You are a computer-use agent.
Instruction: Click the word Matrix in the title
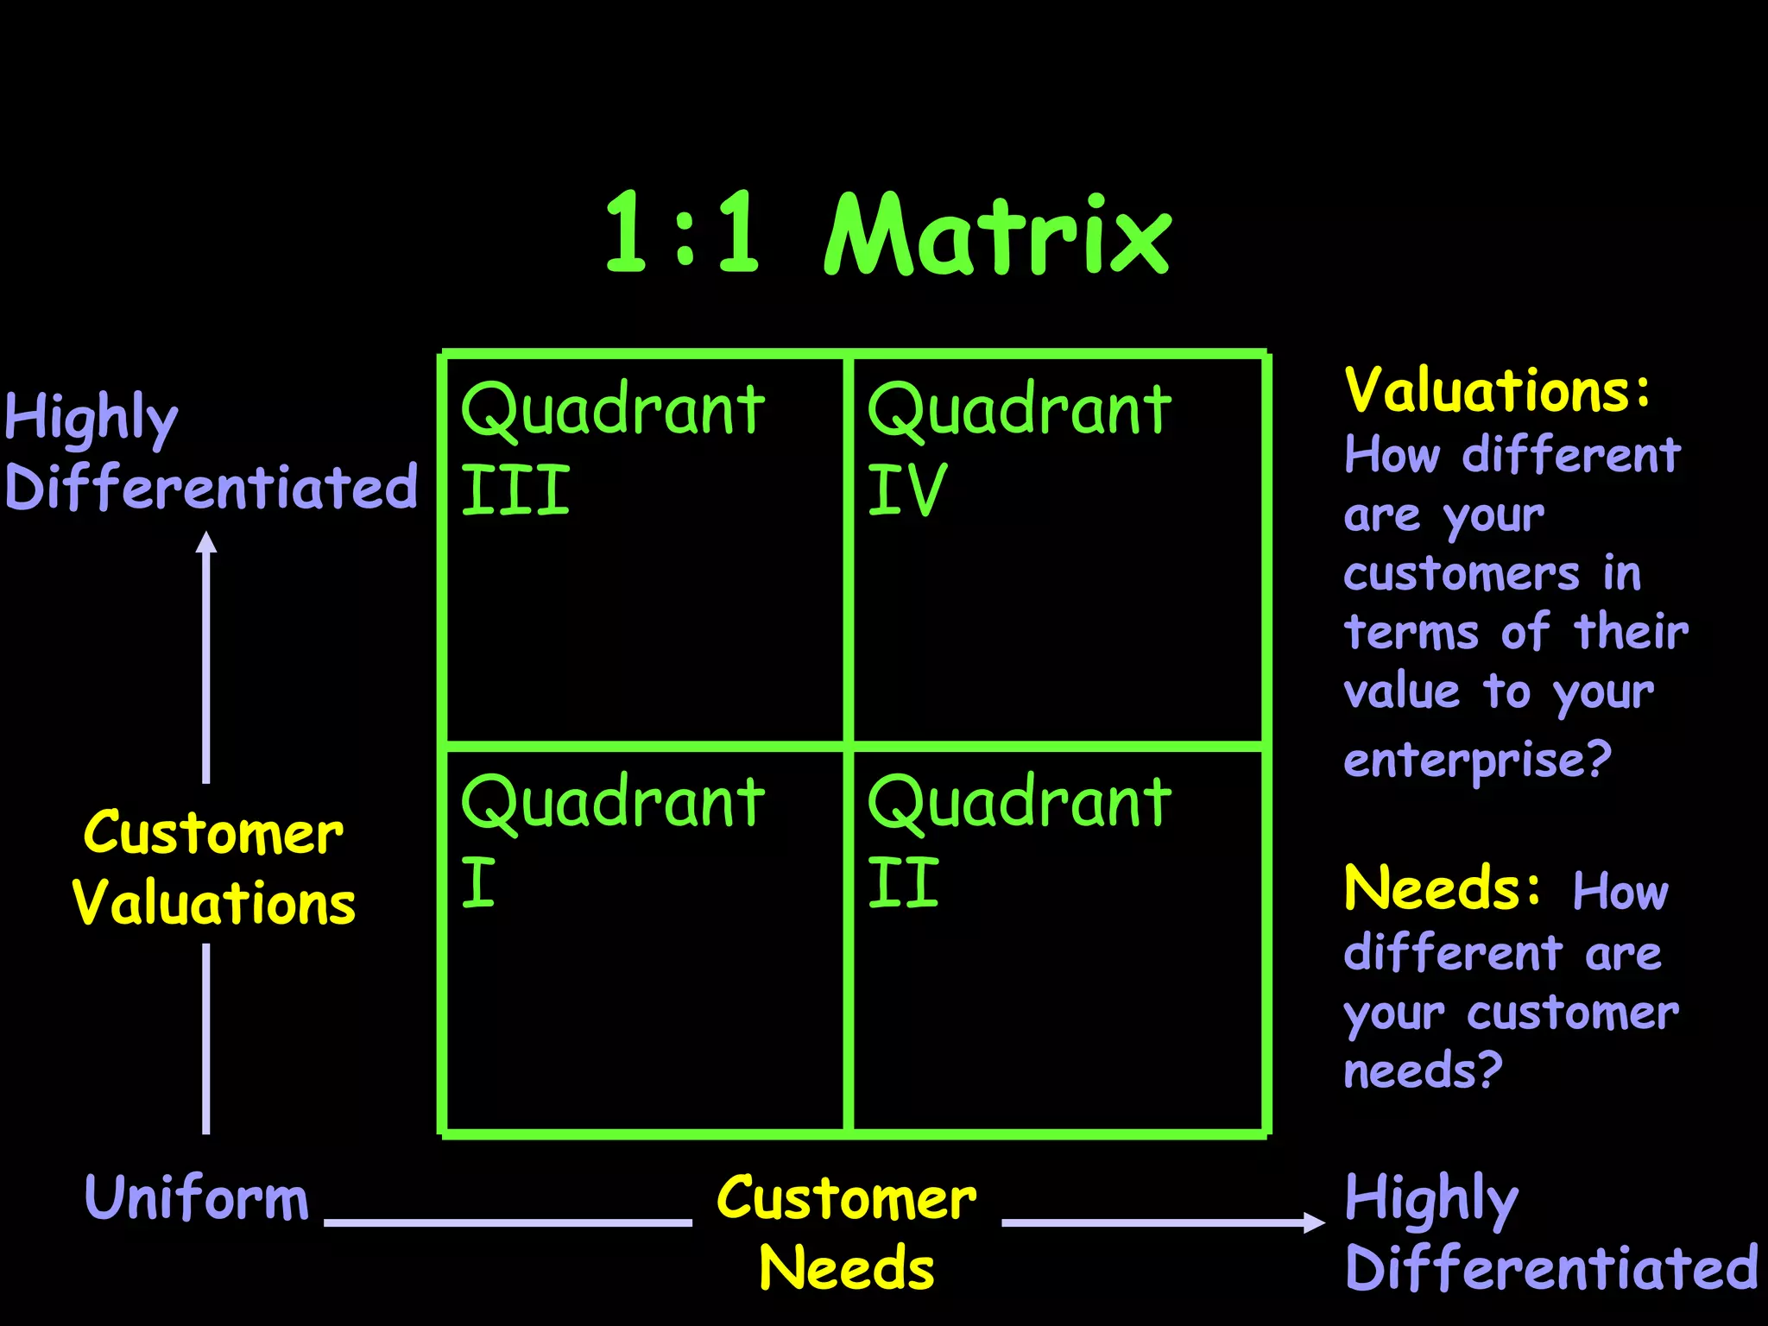coord(997,235)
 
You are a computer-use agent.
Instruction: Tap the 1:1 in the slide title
coord(682,233)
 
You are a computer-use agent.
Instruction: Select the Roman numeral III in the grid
coord(515,489)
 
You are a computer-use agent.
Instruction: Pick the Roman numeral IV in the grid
coord(907,489)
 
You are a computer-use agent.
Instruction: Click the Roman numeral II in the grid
coord(903,882)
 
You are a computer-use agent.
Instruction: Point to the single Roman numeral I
coord(478,882)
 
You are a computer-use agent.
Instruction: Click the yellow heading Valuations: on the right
coord(1497,390)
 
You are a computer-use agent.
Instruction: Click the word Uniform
coord(196,1198)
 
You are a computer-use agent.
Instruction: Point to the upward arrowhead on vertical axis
coord(206,542)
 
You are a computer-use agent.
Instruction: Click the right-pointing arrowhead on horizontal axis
coord(1313,1222)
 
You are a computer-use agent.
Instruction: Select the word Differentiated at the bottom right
coord(1551,1267)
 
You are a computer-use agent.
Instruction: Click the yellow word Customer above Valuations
coord(213,834)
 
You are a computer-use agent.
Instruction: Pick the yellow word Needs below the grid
coord(846,1267)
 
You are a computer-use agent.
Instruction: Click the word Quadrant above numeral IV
coord(1019,410)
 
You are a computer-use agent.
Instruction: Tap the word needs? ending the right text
coord(1423,1070)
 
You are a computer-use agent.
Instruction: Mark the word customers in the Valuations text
coord(1461,574)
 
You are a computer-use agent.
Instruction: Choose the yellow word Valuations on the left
coord(213,903)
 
